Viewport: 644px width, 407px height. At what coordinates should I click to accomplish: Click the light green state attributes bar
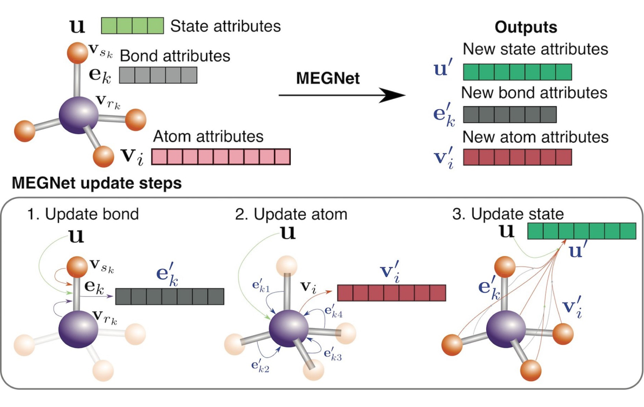[x=132, y=25]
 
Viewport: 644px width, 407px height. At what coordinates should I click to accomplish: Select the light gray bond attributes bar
[x=158, y=75]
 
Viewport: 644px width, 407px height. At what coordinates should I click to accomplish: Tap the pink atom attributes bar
[x=220, y=156]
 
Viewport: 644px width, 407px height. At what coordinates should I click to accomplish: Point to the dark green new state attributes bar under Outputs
[x=517, y=71]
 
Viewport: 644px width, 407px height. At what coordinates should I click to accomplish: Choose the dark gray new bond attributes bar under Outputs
[x=509, y=115]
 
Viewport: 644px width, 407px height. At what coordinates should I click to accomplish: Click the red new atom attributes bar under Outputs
[x=517, y=157]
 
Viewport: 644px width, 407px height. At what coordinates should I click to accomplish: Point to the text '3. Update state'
[x=508, y=214]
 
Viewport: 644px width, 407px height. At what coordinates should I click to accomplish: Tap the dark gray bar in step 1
[x=169, y=296]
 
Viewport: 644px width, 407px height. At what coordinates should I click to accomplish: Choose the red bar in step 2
[x=391, y=292]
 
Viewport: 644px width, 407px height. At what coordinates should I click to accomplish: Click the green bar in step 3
[x=582, y=231]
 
